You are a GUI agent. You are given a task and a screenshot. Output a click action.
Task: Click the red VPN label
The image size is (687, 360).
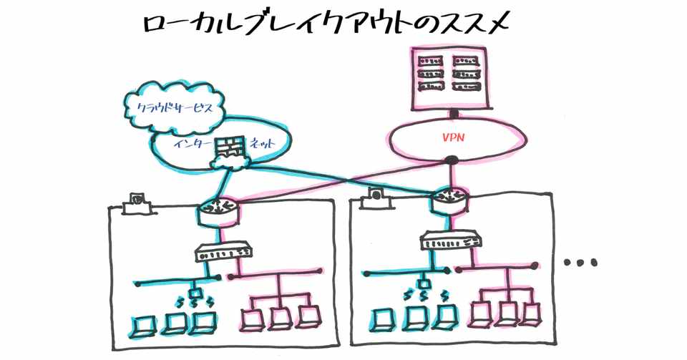(452, 137)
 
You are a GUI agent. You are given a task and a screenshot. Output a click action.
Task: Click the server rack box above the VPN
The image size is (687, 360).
(449, 77)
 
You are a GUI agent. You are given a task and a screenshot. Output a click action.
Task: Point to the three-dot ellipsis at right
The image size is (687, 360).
(580, 263)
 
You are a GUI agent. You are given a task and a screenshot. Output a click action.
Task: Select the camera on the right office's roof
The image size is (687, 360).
(374, 198)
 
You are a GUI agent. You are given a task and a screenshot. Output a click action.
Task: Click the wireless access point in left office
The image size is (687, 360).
(195, 293)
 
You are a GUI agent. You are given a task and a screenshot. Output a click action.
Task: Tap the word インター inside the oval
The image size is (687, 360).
(191, 144)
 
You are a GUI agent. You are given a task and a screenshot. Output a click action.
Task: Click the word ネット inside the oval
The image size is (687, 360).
(263, 144)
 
